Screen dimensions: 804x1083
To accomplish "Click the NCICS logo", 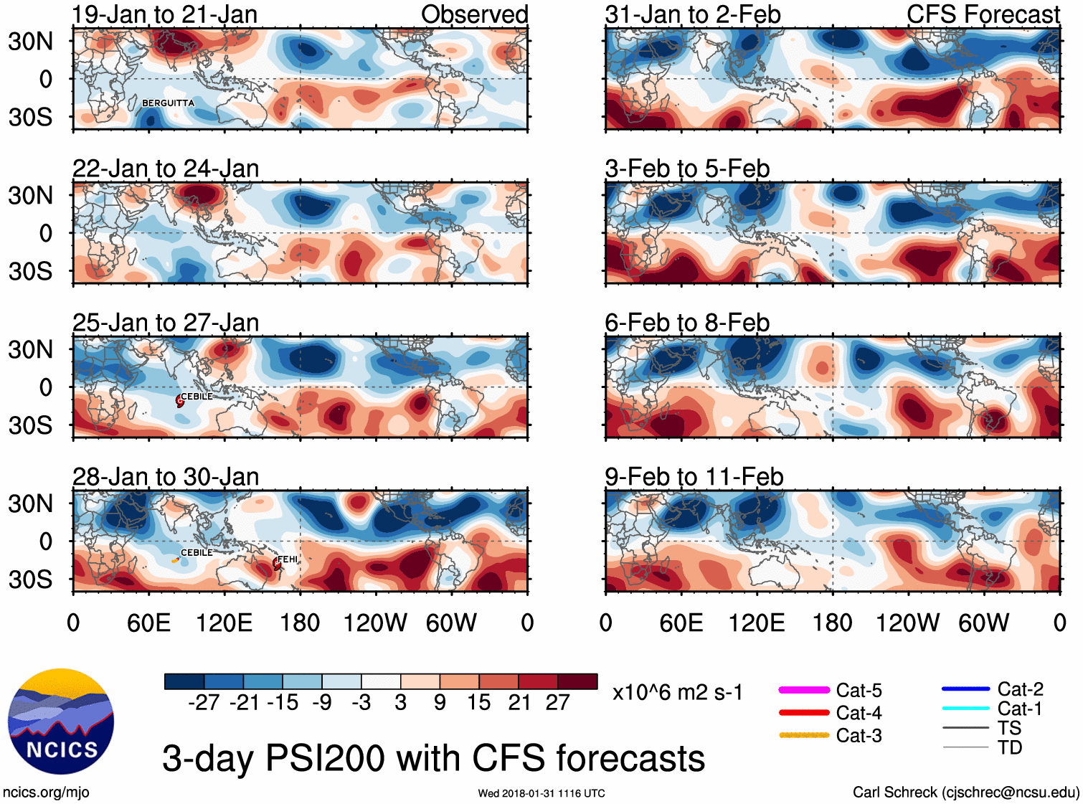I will point(61,722).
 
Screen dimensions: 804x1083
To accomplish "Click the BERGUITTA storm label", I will point(168,103).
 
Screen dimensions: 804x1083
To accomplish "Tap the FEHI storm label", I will point(288,559).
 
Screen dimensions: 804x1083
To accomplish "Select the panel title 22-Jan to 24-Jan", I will point(166,169).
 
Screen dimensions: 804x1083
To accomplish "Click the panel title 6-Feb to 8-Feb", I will point(687,323).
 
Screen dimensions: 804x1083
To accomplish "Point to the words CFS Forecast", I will point(983,14).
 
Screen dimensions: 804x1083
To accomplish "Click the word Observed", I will point(474,14).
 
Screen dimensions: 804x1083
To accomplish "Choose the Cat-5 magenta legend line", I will point(804,690).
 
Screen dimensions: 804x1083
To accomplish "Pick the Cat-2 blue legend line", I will point(965,689).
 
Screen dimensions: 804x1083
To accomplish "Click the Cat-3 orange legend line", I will point(804,735).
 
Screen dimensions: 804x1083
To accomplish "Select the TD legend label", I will point(1010,747).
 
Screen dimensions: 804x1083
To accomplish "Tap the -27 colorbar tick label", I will point(204,702).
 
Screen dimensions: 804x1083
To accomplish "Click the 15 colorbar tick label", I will point(478,702).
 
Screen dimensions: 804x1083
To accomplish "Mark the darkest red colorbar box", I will point(577,681).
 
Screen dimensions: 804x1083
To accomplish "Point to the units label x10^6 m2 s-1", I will point(678,693).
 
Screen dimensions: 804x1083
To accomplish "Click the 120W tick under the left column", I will point(375,623).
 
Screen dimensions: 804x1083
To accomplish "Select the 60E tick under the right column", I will point(681,623).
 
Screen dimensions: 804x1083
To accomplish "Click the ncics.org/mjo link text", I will point(46,793).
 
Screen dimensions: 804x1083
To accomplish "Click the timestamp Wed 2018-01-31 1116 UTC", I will point(541,793).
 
